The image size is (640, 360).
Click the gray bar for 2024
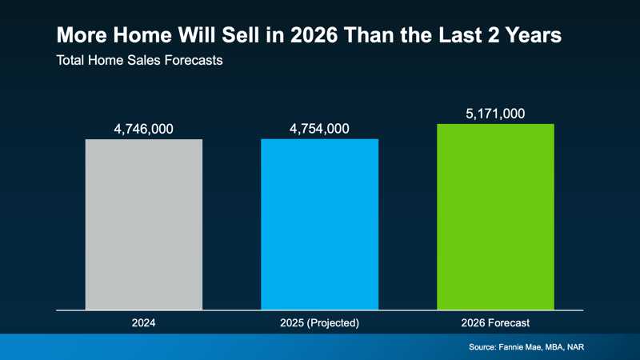click(x=144, y=224)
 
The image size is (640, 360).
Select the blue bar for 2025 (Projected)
click(x=319, y=224)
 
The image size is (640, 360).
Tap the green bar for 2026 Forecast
click(x=495, y=216)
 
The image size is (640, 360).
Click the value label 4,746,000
click(x=144, y=129)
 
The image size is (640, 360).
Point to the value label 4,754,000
click(x=319, y=129)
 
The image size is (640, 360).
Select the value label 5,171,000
click(x=495, y=114)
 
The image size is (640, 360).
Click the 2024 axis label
click(x=144, y=323)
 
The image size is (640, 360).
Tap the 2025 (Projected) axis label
click(x=319, y=323)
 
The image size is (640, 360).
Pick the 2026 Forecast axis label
click(x=495, y=323)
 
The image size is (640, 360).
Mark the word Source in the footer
click(x=485, y=348)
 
